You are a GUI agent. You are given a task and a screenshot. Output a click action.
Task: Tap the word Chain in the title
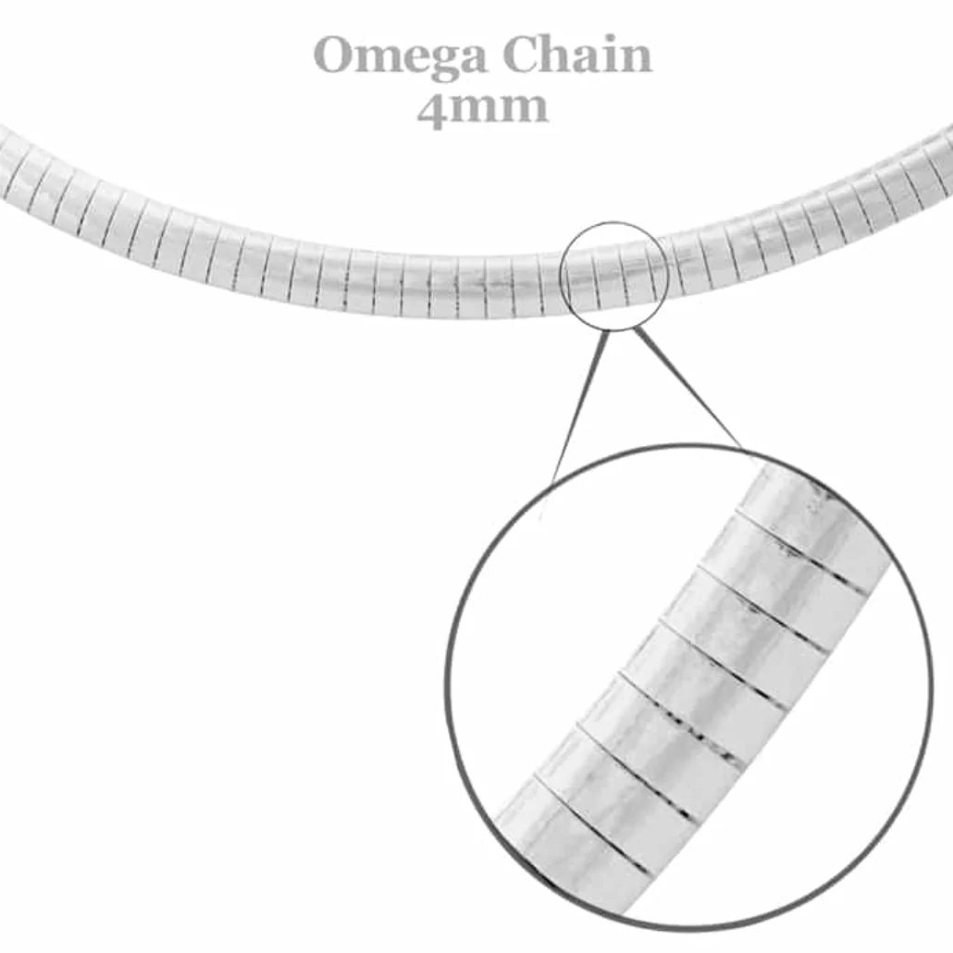[x=577, y=54]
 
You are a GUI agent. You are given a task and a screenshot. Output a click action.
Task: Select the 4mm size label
[x=483, y=108]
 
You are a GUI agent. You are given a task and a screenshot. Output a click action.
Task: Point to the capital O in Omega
[x=336, y=55]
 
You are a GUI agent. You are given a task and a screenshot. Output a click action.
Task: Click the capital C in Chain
[x=522, y=55]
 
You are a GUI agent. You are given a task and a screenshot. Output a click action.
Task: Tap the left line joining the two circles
[x=576, y=406]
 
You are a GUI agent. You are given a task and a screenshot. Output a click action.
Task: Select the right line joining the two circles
[x=688, y=388]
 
